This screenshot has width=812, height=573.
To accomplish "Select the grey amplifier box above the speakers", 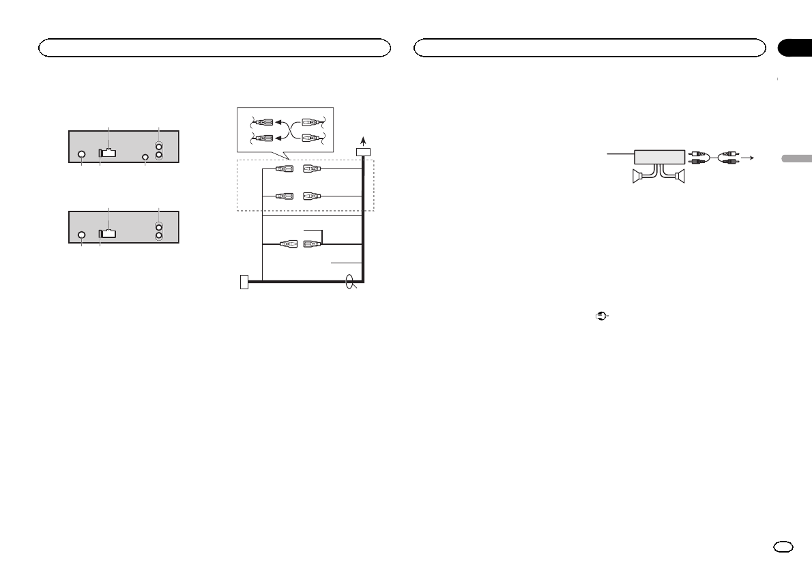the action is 659,156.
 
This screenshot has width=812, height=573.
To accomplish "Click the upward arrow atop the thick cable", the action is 364,138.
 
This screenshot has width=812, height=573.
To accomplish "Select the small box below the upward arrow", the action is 364,151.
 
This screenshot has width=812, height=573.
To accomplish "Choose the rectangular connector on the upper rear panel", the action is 107,153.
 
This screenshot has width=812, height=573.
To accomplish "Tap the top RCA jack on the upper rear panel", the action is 159,145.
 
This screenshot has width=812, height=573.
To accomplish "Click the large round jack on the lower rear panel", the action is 81,235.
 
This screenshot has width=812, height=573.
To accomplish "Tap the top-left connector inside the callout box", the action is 263,123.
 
